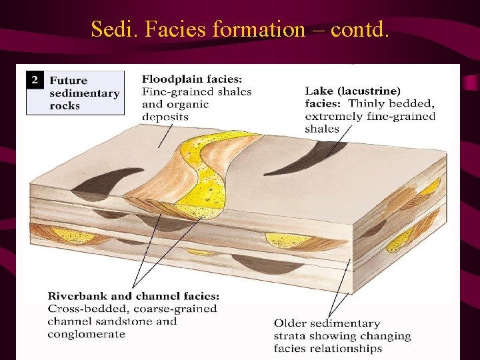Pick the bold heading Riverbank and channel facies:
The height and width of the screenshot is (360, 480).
coord(133,296)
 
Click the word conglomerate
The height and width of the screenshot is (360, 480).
coord(87,333)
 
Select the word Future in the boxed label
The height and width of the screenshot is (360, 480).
coord(69,81)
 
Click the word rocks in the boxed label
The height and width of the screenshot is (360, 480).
coord(64,105)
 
